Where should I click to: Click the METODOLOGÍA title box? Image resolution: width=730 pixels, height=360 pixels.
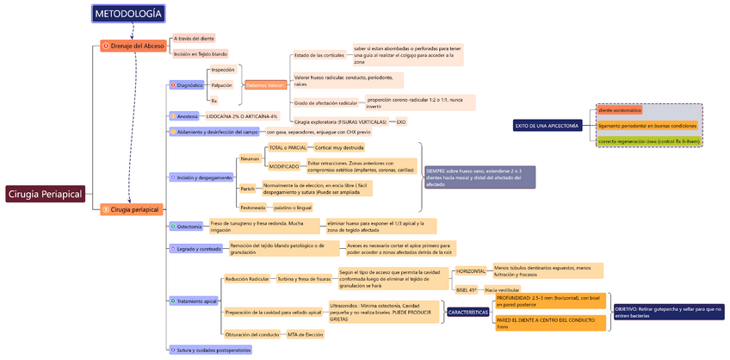tap(127, 14)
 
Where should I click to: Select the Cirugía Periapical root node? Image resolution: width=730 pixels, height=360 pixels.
tap(45, 194)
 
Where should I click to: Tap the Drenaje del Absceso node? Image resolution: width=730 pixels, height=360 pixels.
tap(133, 46)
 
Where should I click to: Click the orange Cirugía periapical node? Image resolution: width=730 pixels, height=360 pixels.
tap(131, 209)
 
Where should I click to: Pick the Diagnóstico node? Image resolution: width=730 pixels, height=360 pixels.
tap(188, 85)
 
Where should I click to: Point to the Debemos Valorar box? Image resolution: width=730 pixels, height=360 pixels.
tap(264, 85)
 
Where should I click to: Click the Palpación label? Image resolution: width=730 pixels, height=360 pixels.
tap(221, 85)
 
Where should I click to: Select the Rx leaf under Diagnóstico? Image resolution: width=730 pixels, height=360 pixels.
tap(214, 101)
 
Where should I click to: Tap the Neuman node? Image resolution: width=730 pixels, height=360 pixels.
tap(250, 158)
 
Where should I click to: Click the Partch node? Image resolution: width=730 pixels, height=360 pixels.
tap(247, 189)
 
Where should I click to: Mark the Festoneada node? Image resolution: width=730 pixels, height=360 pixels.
tap(252, 208)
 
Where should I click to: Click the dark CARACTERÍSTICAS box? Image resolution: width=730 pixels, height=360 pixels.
tap(467, 312)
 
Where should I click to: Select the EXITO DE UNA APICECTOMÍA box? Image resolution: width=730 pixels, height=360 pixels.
tap(547, 126)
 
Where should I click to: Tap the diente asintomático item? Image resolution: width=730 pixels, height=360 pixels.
tap(621, 110)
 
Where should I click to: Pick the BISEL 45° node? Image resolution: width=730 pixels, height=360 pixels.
tap(467, 290)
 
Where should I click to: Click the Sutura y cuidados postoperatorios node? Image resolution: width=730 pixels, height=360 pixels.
tap(211, 350)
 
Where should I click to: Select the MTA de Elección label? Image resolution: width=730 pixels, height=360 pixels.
tap(306, 334)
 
